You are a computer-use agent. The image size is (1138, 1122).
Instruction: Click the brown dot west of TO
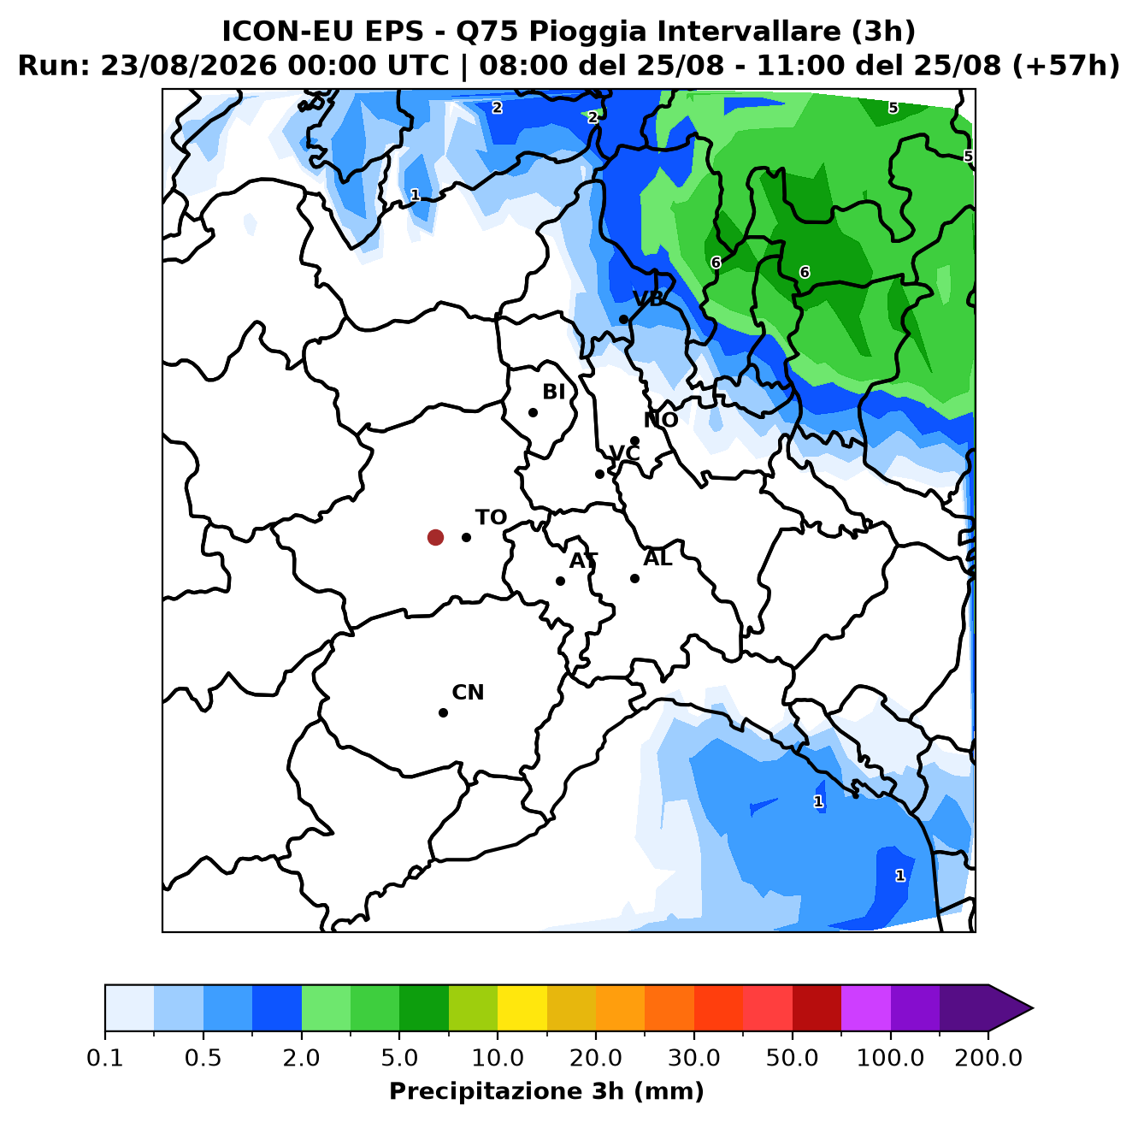435,537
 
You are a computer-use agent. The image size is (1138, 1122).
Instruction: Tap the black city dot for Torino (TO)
466,537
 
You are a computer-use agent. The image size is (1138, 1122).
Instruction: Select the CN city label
468,692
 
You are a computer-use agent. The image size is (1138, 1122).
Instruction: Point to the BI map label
553,392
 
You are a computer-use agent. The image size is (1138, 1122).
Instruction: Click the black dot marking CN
443,712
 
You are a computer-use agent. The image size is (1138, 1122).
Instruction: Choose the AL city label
657,558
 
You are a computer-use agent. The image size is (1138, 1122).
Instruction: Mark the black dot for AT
560,581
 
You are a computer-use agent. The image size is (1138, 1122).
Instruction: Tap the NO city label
660,420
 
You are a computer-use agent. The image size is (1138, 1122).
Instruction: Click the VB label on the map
648,299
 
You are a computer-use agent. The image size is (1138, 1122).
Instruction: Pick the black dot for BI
533,412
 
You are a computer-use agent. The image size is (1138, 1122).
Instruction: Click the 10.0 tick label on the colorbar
498,1057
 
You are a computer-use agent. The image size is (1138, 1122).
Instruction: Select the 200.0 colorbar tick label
988,1057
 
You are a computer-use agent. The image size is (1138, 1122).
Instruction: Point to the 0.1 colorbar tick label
105,1057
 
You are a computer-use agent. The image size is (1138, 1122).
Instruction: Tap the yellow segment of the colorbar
522,1007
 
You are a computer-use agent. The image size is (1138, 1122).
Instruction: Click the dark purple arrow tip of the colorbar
1032,1008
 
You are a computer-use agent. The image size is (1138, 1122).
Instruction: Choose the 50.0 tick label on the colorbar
792,1057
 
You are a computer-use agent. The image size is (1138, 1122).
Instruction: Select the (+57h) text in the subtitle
1066,66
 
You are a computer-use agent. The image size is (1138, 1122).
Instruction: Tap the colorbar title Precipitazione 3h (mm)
546,1090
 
